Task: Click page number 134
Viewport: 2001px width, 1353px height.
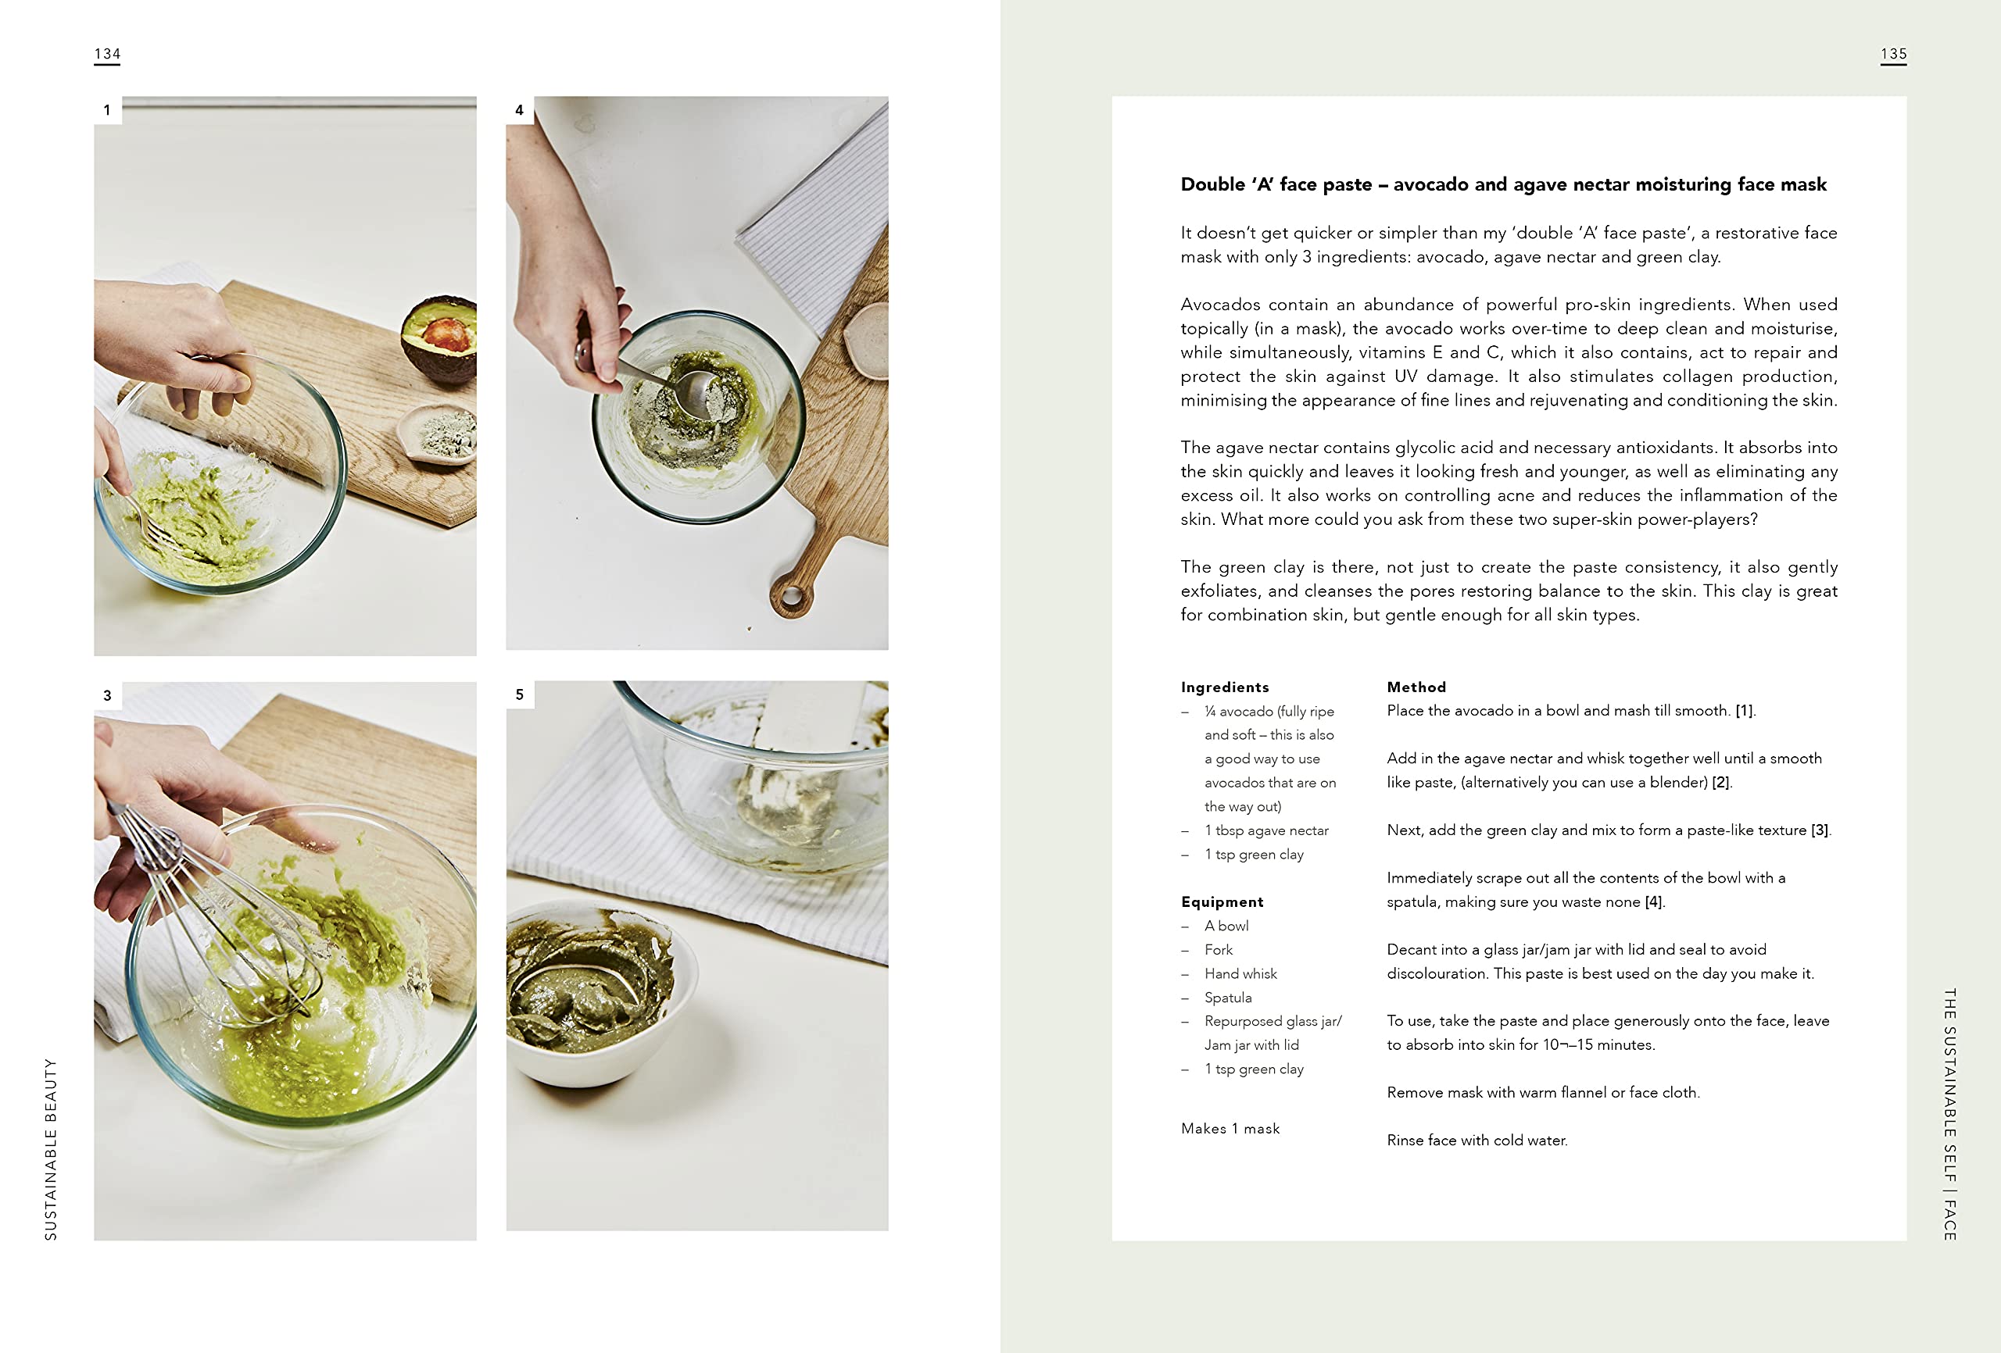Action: (107, 53)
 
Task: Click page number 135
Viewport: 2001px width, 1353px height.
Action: (1893, 53)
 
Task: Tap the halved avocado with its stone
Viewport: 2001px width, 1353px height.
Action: (439, 338)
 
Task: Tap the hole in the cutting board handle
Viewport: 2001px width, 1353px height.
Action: (791, 594)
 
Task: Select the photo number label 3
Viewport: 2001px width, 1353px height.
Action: (108, 695)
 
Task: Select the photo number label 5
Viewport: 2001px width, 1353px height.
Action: (519, 694)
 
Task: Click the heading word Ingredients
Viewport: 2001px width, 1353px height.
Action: (1224, 687)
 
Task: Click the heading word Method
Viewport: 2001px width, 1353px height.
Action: (1416, 687)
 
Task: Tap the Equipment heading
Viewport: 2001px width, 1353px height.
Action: (1222, 902)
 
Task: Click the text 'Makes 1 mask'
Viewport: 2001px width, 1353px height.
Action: (1230, 1128)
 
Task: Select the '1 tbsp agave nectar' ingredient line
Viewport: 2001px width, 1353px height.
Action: (1266, 830)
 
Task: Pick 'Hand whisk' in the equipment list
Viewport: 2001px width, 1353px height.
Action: (1240, 973)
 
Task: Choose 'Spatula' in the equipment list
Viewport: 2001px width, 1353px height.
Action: (1228, 998)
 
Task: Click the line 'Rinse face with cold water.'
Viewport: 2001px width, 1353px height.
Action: (1477, 1141)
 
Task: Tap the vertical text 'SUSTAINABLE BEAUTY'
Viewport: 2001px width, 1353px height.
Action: (51, 1150)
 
